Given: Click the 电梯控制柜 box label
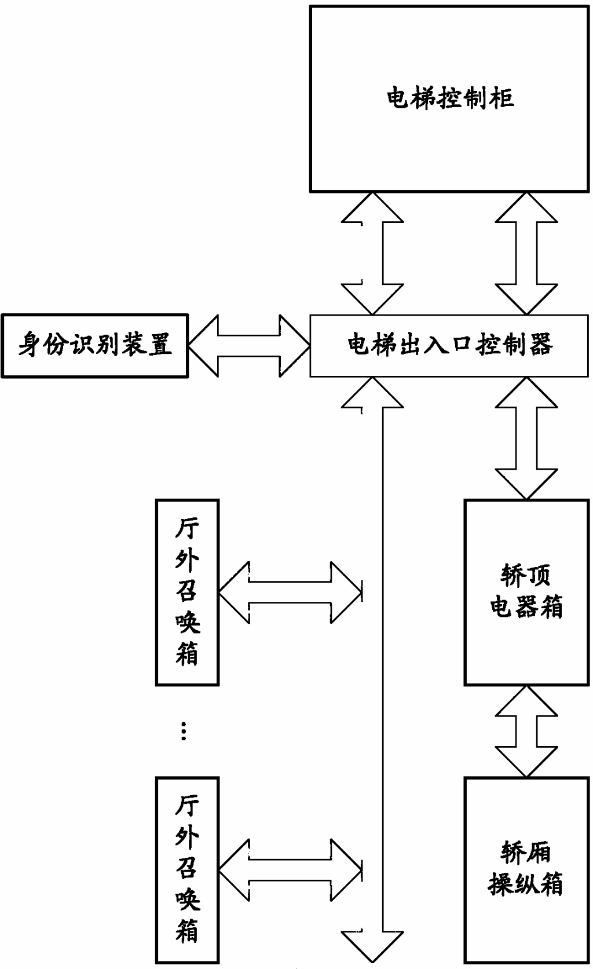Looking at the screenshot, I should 450,98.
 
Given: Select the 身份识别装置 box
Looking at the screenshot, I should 95,346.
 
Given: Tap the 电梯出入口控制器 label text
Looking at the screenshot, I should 450,345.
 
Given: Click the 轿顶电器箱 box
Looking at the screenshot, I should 526,592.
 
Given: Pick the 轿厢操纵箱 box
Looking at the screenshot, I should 526,869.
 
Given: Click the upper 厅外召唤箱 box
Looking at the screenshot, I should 187,592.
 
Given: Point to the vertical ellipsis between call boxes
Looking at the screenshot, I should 184,732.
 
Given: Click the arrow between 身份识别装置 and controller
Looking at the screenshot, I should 249,346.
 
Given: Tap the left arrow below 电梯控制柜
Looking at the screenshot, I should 372,253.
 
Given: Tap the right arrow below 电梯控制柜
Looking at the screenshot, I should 526,253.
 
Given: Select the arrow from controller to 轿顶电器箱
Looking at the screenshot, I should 526,437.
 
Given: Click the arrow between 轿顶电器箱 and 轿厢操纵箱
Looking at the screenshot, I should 526,731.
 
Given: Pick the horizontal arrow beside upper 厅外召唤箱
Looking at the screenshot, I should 290,592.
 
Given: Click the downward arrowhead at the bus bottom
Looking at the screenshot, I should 372,944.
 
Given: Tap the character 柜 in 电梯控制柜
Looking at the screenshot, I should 503,98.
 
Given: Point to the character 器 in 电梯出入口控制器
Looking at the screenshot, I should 540,345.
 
